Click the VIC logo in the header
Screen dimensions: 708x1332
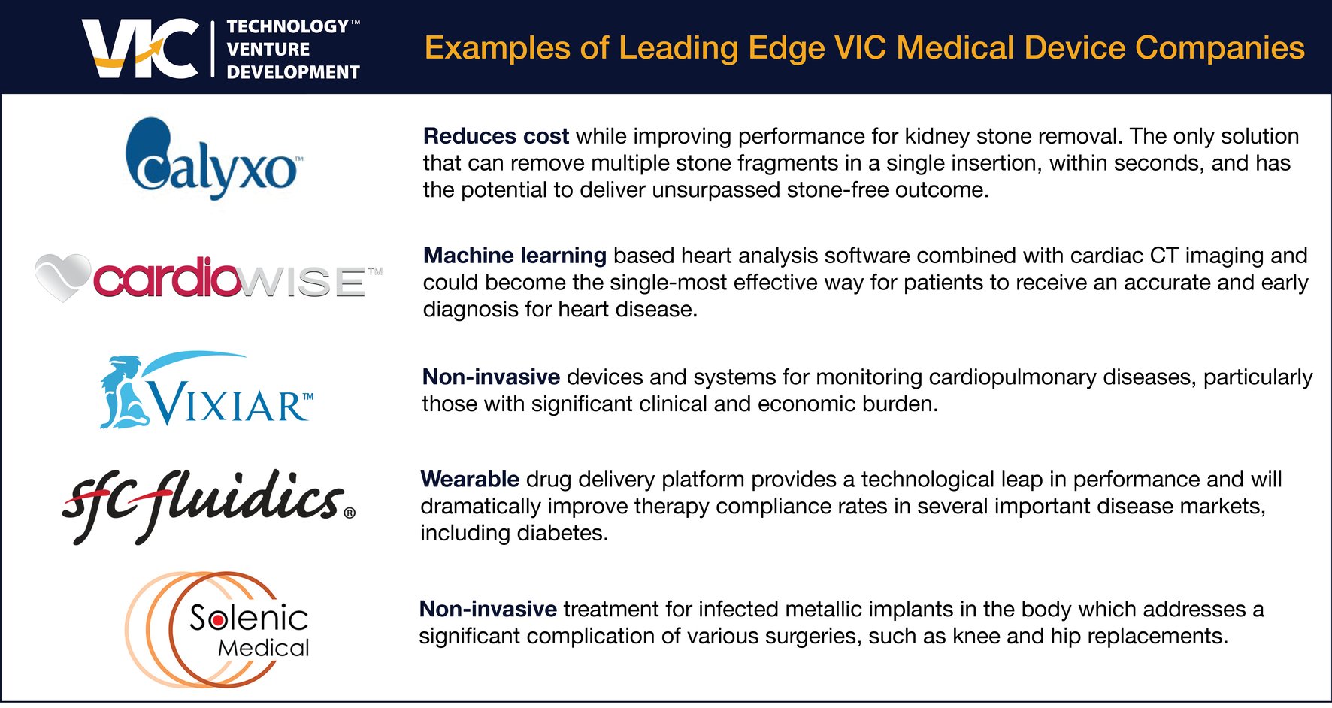[x=140, y=50]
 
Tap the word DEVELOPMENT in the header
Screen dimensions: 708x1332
[x=293, y=73]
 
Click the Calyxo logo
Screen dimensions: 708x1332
[x=211, y=160]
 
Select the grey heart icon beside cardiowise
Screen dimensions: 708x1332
[x=62, y=277]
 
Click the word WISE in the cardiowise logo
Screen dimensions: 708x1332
[x=304, y=283]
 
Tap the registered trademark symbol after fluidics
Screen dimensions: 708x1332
[x=350, y=513]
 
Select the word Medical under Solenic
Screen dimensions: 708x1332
[x=263, y=648]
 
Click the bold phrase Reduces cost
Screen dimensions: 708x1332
[x=495, y=136]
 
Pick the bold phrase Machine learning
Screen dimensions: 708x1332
[x=514, y=256]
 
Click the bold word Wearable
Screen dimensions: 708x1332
[x=470, y=480]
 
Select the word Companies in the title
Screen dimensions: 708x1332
[x=1219, y=48]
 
